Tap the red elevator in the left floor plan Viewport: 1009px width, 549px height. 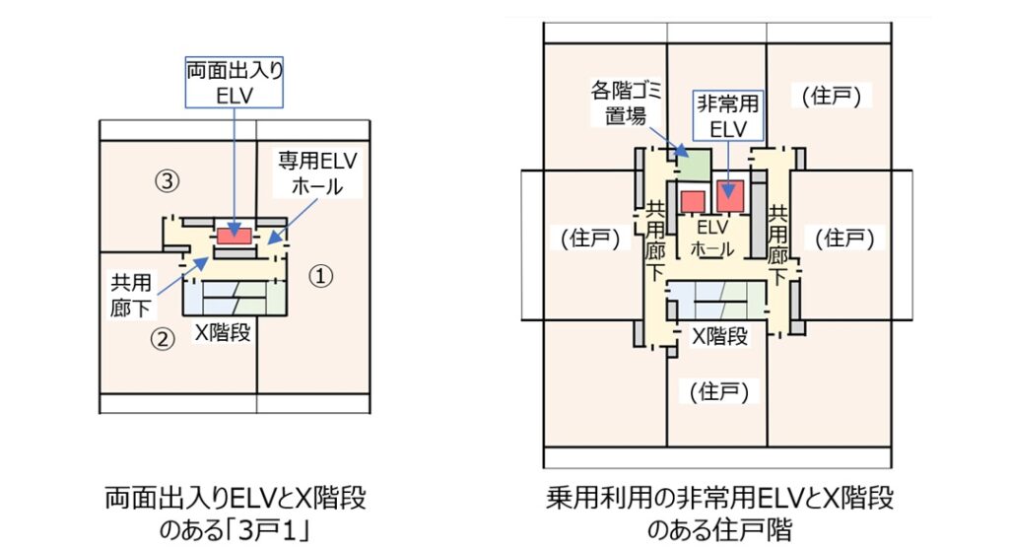coord(234,237)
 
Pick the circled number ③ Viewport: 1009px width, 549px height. coord(168,180)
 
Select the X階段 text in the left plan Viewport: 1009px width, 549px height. coord(223,332)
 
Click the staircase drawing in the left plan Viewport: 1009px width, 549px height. coord(235,292)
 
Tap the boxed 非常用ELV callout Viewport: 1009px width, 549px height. coord(726,116)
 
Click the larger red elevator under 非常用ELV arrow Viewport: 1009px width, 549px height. coord(730,197)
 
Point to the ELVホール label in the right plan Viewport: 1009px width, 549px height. coord(711,239)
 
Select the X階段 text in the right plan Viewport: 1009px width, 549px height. coord(720,335)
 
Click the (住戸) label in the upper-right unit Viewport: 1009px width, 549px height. coord(832,96)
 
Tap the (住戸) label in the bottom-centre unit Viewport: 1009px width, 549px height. coord(718,392)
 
